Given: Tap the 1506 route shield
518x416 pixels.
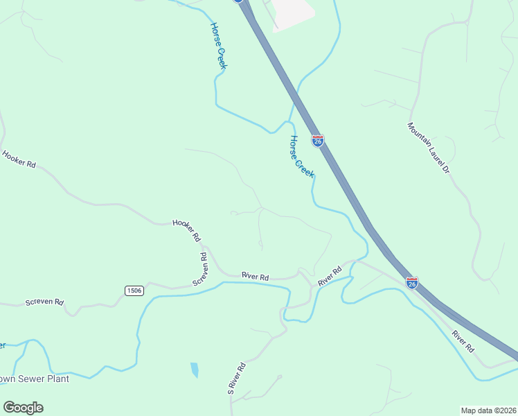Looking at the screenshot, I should tap(134, 291).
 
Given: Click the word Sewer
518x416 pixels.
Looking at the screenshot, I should tap(32, 379).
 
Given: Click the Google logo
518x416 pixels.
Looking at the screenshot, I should tap(23, 408).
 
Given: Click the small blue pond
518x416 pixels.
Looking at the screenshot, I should tap(195, 370).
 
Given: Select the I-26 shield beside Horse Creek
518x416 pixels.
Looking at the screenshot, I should tap(317, 140).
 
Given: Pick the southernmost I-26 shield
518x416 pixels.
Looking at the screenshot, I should tap(411, 282).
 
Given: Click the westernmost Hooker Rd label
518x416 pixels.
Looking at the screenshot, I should tap(19, 159).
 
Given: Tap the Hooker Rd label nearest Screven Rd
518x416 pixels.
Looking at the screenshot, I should tap(186, 229).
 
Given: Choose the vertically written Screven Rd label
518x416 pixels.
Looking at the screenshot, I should tap(200, 270).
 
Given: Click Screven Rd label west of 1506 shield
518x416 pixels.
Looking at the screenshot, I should tap(44, 302).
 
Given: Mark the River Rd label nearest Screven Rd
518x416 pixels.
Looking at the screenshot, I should tap(255, 276).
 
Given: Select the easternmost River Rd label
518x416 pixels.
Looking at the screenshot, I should tap(463, 341).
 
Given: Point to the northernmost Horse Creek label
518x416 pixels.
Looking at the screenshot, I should tap(219, 46).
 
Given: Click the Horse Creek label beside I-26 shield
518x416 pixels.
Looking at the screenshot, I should tap(302, 157).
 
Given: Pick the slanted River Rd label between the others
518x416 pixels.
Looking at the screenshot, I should tap(330, 277).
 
